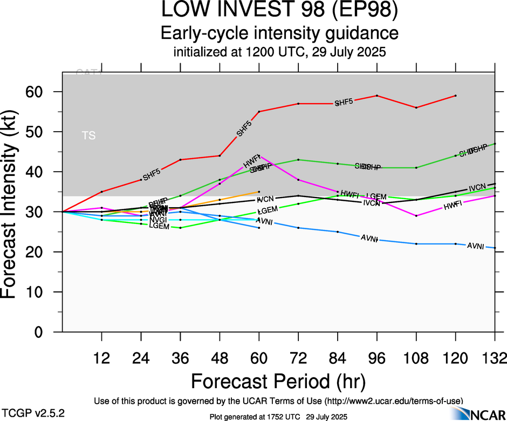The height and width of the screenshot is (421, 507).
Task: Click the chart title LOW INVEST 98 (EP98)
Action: point(279,10)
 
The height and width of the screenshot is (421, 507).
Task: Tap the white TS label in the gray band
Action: point(89,135)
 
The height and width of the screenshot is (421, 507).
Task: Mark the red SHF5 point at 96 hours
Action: point(377,96)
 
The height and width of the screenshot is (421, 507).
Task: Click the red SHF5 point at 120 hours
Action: point(456,96)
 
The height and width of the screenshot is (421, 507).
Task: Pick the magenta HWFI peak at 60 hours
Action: point(259,155)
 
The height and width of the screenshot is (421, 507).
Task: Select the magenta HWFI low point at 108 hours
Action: point(416,216)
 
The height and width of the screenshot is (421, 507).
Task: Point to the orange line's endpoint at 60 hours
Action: point(259,192)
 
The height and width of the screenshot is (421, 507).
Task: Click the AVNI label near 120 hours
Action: point(475,246)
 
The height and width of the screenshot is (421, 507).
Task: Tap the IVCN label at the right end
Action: point(477,188)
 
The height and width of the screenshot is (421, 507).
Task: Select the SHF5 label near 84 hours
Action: point(344,103)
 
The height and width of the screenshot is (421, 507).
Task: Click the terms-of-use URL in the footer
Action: point(393,400)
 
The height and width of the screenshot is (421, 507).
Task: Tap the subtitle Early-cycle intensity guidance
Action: point(279,33)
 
